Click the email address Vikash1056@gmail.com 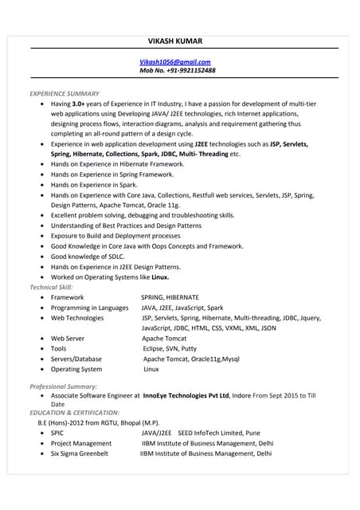(175, 62)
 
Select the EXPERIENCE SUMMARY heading (65, 94)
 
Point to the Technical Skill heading (52, 287)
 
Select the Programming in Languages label (89, 308)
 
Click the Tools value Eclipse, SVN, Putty (170, 349)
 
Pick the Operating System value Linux (151, 370)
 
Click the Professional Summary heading (63, 386)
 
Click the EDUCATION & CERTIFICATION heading (75, 413)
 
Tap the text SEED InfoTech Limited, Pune (219, 433)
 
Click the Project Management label (81, 443)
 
